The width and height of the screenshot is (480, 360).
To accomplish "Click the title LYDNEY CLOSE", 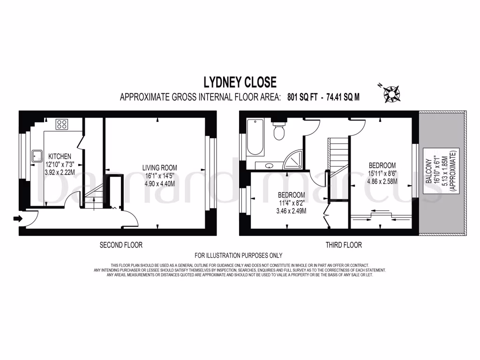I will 240,82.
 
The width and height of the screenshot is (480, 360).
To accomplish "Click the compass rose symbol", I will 390,94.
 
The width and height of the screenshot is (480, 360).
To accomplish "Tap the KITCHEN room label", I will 58,156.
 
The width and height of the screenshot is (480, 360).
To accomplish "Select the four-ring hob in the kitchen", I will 62,124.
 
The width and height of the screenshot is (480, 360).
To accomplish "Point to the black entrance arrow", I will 17,218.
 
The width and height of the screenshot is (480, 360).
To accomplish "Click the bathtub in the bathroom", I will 255,136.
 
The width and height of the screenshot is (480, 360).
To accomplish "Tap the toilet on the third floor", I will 279,132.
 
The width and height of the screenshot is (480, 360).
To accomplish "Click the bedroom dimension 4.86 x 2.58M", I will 382,181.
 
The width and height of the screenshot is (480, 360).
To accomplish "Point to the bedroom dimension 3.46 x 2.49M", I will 291,210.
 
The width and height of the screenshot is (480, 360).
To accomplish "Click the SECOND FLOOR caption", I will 121,245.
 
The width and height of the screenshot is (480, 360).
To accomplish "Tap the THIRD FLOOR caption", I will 344,245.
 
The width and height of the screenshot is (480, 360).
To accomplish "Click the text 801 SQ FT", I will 303,97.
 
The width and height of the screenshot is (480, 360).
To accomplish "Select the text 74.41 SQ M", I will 343,97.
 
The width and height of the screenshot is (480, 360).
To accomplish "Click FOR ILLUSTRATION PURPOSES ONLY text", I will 239,255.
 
